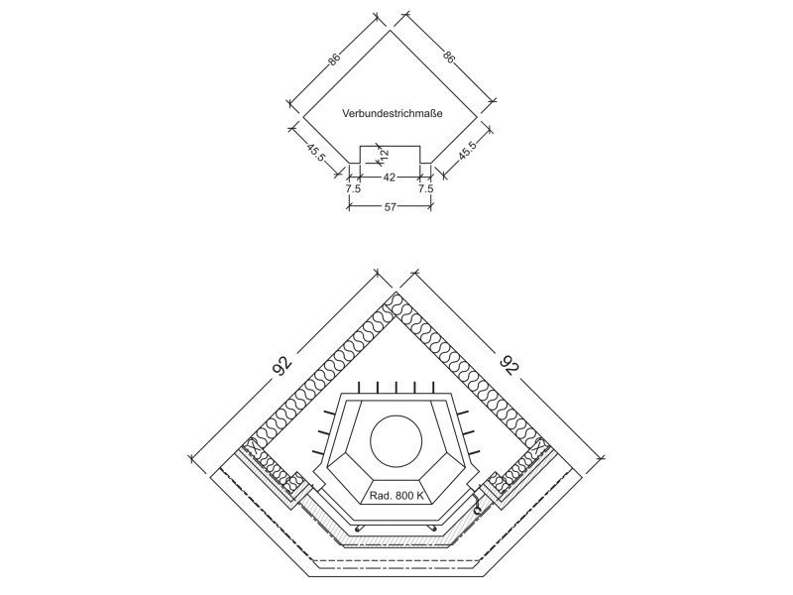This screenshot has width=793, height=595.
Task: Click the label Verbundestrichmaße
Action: tap(392, 113)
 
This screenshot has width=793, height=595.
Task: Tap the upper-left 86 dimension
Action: tap(334, 59)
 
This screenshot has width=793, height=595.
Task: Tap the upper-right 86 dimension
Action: tap(448, 56)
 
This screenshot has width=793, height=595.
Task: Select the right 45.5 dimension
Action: tap(467, 151)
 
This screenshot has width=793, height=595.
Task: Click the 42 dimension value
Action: tap(389, 178)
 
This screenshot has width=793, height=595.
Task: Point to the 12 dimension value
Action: tap(384, 154)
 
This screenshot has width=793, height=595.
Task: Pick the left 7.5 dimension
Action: tap(353, 189)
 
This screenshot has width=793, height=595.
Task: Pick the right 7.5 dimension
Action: tap(426, 189)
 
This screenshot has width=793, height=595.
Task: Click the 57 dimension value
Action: tap(390, 207)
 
